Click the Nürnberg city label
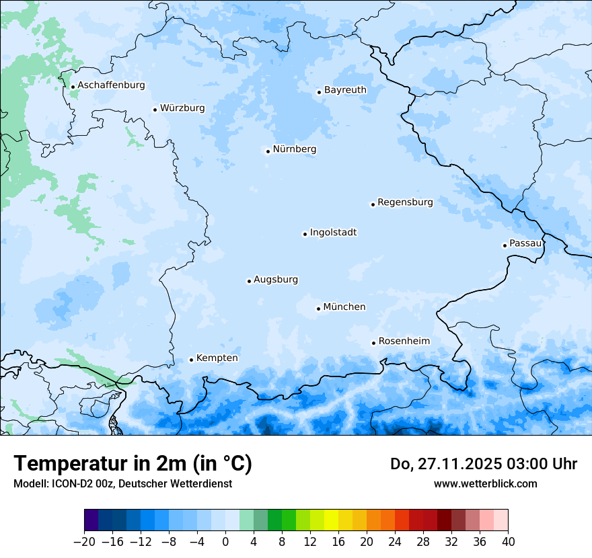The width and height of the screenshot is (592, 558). tap(294, 149)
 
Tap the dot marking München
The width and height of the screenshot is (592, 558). tap(318, 309)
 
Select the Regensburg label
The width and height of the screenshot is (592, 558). tap(405, 202)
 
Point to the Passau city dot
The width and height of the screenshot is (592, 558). tap(505, 245)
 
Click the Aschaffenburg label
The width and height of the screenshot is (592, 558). tap(111, 85)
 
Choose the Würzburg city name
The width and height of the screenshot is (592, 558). tap(182, 108)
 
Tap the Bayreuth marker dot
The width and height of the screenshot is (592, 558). tap(319, 92)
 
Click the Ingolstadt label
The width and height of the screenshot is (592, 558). tap(333, 233)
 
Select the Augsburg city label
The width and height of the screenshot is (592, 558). tap(276, 279)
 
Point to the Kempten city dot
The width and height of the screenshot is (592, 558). tap(191, 360)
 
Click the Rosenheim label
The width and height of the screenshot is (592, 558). tap(404, 341)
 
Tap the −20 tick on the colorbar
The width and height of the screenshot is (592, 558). tap(84, 541)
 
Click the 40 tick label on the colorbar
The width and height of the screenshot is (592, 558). tap(508, 541)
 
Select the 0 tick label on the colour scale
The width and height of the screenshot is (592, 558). tap(225, 541)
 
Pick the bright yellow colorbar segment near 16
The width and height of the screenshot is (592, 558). tap(331, 520)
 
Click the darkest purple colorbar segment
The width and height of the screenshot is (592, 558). tap(91, 520)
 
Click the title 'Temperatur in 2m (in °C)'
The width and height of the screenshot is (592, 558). tap(133, 463)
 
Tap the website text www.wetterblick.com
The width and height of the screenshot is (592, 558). tap(485, 483)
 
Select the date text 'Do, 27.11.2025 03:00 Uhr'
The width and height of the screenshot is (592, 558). tap(483, 464)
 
